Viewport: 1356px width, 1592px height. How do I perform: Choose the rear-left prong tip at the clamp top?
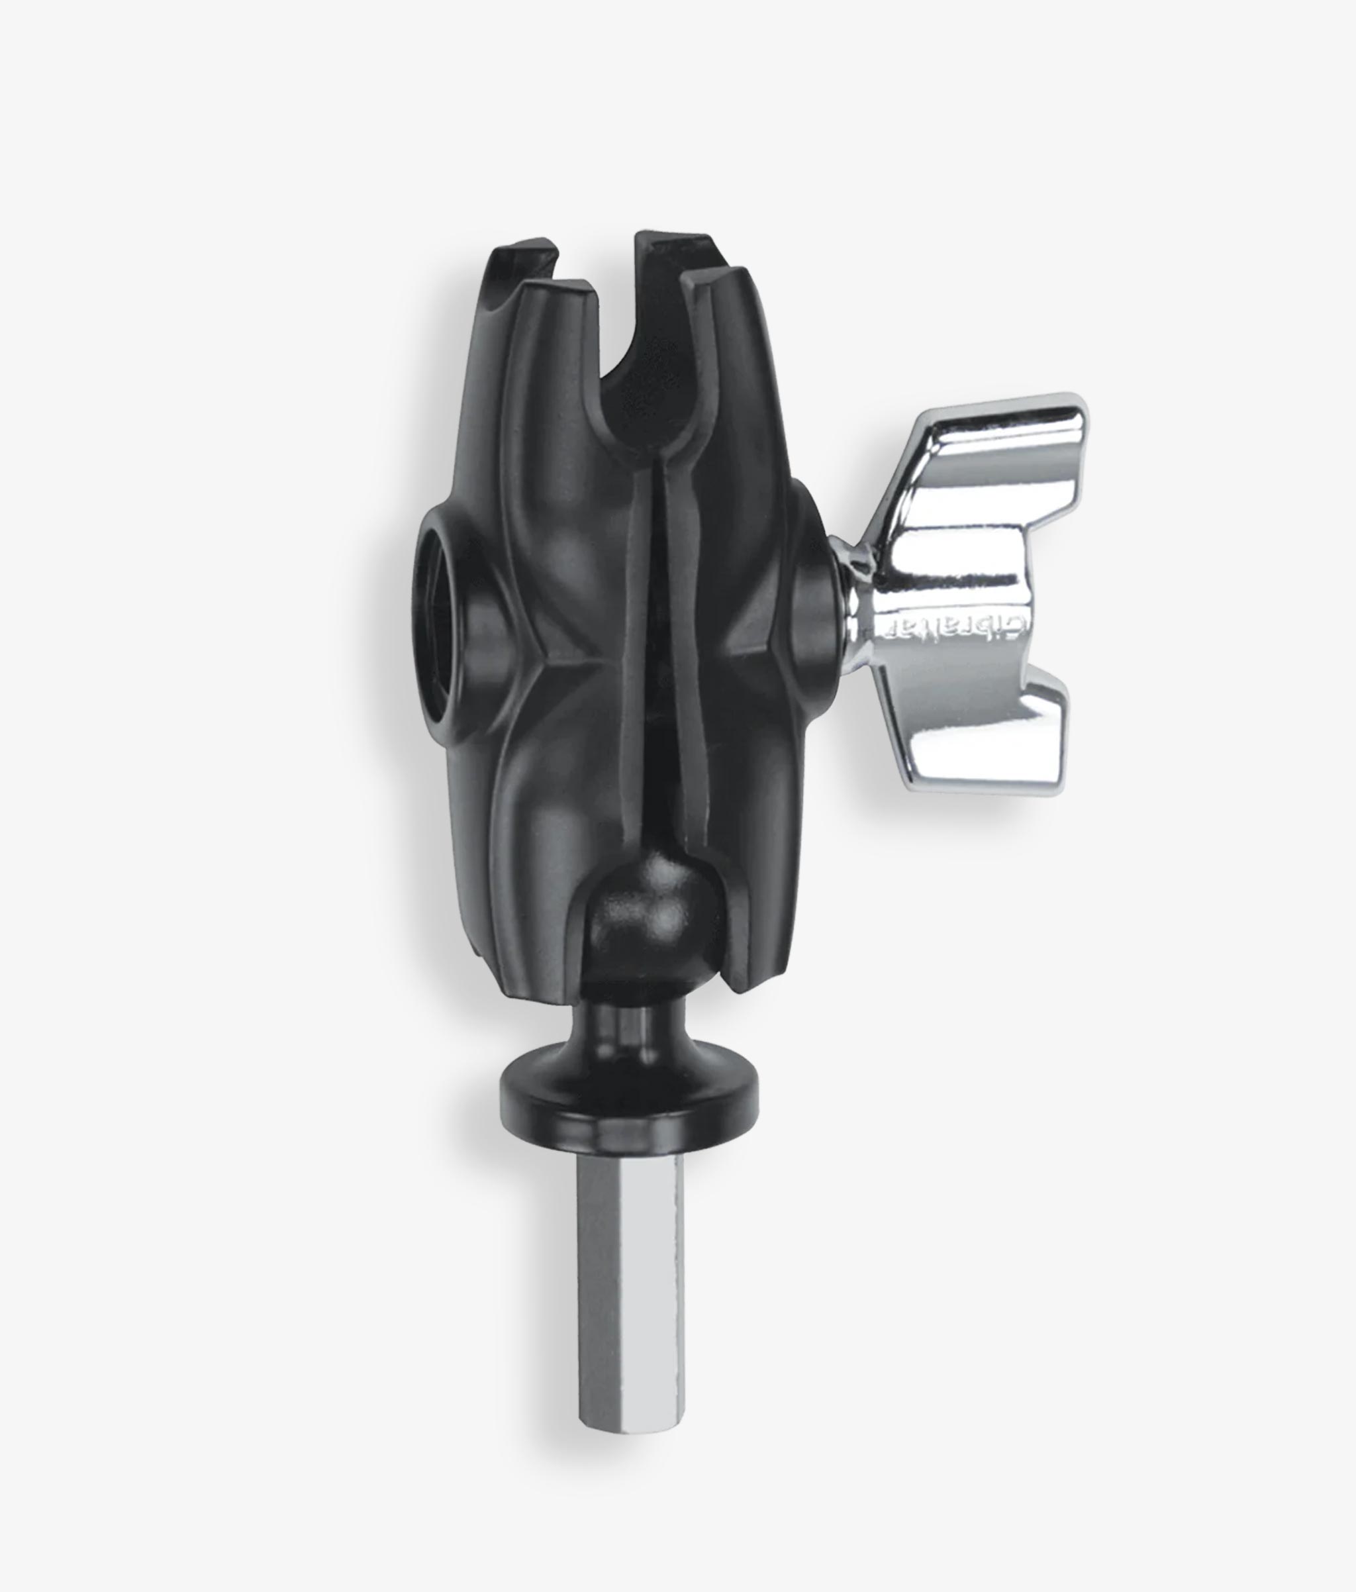[522, 250]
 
